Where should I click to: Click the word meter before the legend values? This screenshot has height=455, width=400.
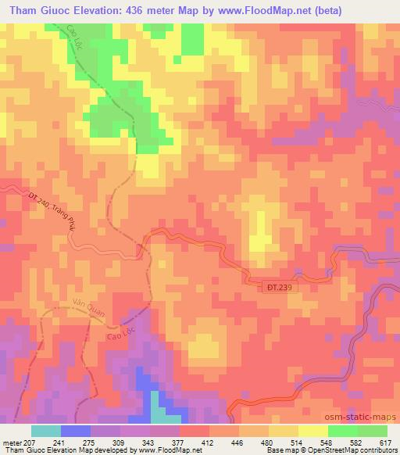[x=12, y=443]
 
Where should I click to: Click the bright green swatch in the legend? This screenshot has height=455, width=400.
[x=342, y=431]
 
